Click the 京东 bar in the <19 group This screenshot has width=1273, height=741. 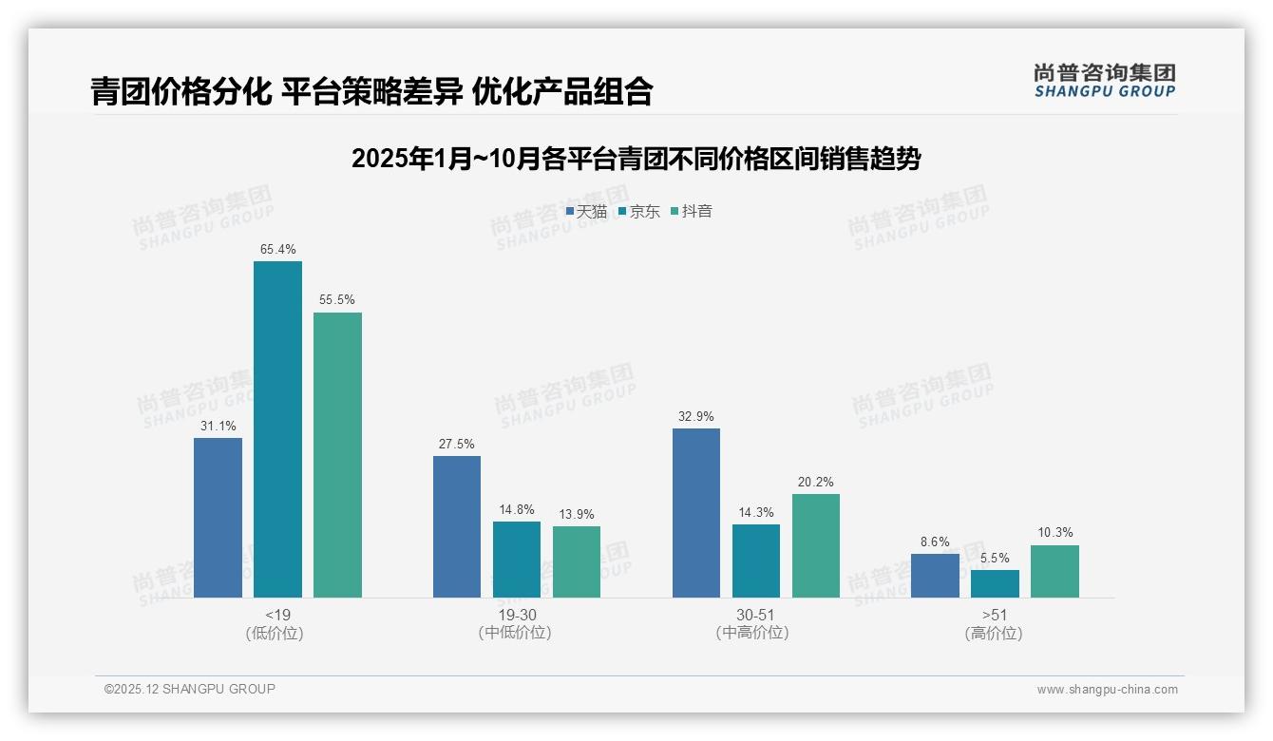(x=277, y=429)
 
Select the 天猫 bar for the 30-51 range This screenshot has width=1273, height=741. (x=696, y=513)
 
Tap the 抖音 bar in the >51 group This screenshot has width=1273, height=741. (x=1054, y=571)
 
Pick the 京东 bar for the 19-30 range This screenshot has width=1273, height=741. (x=517, y=560)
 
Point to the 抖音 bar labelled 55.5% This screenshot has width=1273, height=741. (x=337, y=455)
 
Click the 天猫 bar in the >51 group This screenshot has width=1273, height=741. (x=935, y=576)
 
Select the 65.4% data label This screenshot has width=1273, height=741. (x=277, y=250)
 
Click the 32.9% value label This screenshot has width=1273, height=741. (x=696, y=417)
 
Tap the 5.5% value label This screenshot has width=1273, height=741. (x=995, y=559)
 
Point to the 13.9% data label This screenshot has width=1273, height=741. (x=577, y=515)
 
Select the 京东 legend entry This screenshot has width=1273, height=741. (x=638, y=212)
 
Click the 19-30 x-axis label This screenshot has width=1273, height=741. (x=516, y=615)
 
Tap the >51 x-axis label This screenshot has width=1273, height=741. (x=994, y=615)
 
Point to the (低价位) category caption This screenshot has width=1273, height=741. (x=275, y=633)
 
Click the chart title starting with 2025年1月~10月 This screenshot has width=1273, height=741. (x=636, y=159)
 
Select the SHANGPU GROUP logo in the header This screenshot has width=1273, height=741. (x=1104, y=81)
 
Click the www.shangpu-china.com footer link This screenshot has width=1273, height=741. (x=1107, y=690)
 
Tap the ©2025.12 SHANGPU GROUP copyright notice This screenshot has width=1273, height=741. (x=190, y=689)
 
